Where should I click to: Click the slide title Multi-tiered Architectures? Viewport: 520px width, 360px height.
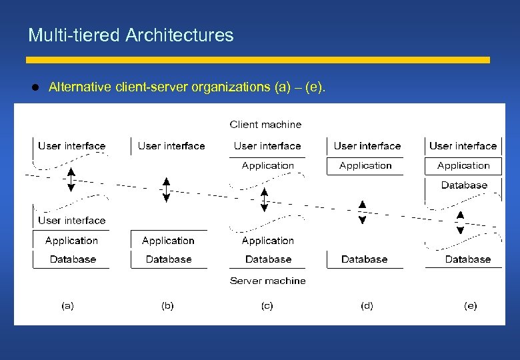pos(131,35)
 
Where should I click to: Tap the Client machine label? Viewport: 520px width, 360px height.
pos(265,125)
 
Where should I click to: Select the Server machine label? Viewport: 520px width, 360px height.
pos(267,281)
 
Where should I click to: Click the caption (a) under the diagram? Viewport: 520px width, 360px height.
pos(67,306)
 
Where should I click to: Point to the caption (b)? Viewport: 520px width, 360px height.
pos(167,306)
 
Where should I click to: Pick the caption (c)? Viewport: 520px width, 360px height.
pos(267,306)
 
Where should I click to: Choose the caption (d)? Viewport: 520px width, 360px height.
pos(367,306)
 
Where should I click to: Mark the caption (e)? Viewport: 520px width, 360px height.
pos(471,306)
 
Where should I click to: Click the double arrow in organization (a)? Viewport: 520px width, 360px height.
pos(71,181)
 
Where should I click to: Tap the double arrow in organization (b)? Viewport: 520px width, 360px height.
pos(167,189)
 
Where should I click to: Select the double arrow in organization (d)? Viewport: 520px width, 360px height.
pos(362,211)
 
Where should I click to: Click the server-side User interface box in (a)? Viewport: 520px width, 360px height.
pos(71,220)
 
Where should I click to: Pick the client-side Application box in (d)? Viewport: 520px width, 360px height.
pos(365,165)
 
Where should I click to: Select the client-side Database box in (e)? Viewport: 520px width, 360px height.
pos(464,185)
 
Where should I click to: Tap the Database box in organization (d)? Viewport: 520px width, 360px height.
pos(364,259)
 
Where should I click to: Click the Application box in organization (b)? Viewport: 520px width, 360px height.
pos(168,241)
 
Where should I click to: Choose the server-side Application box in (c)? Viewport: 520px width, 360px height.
pos(267,241)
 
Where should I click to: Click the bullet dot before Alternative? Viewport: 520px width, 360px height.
pos(37,87)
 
